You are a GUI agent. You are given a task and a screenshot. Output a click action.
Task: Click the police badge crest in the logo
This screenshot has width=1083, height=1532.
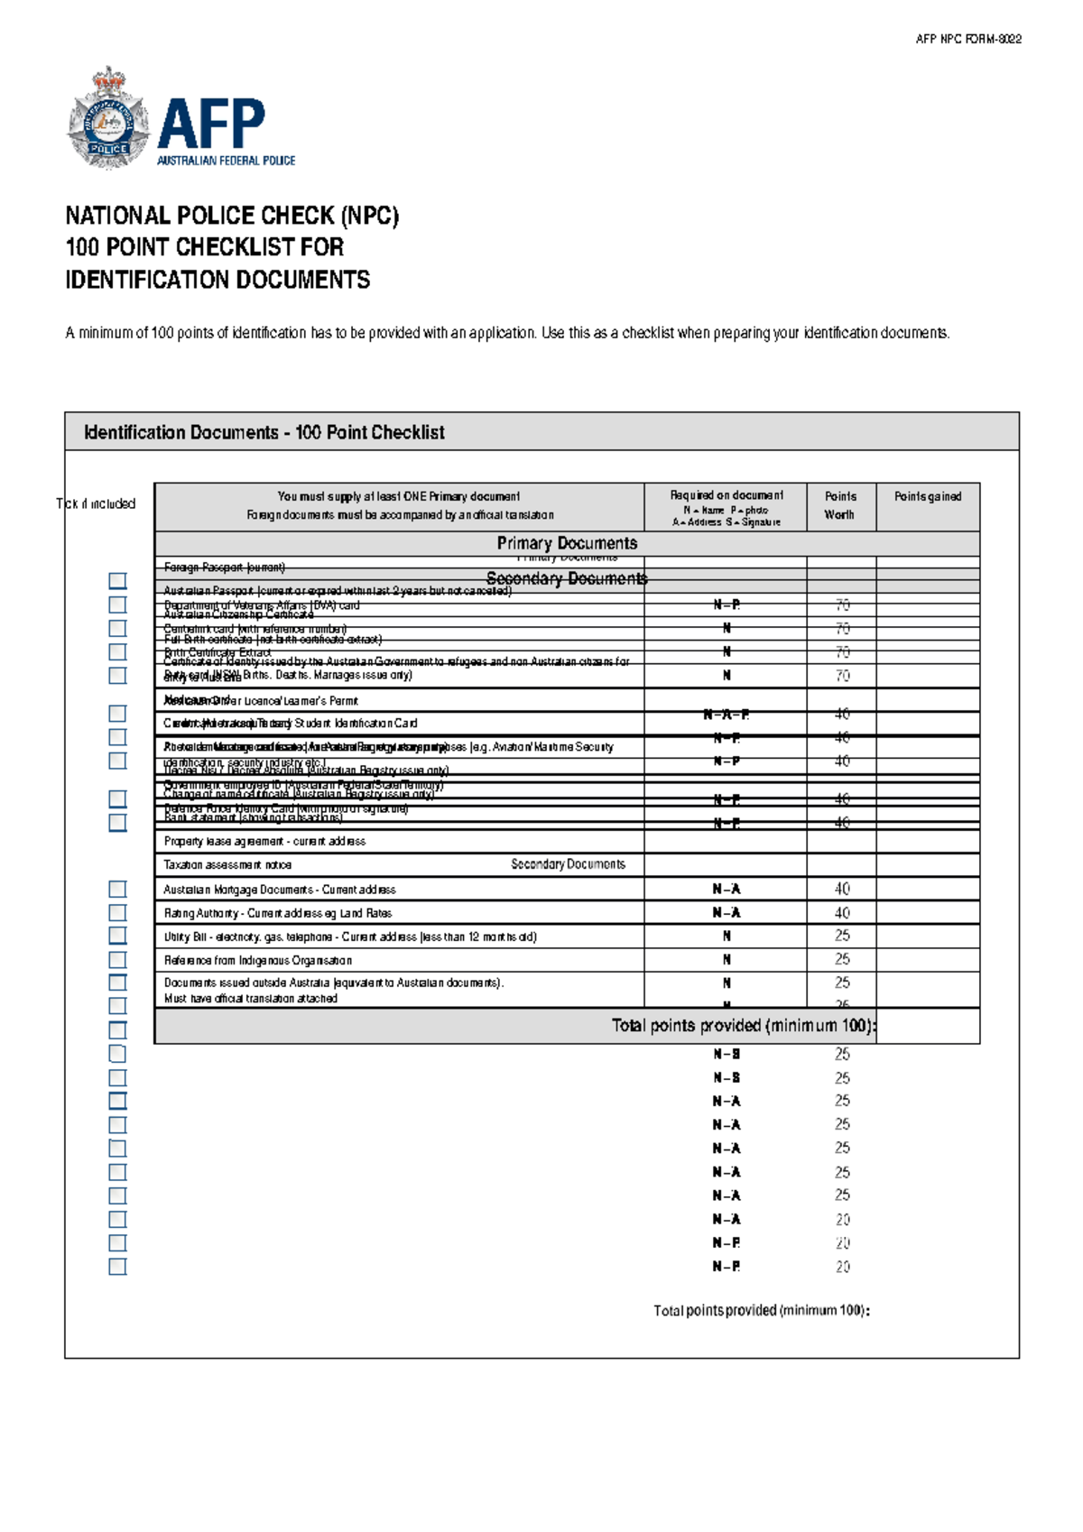coord(107,119)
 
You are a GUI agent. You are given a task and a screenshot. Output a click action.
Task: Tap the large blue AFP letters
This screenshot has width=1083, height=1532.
coord(211,124)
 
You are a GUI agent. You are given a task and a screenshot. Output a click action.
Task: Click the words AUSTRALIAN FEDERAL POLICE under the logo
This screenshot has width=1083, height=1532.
coord(226,161)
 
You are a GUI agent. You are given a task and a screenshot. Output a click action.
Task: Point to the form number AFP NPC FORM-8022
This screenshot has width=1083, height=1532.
coord(967,39)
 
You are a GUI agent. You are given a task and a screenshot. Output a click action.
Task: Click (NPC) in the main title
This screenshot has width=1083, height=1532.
coord(369,216)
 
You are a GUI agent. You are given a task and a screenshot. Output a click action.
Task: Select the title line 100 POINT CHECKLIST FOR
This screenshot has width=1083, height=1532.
coord(205,247)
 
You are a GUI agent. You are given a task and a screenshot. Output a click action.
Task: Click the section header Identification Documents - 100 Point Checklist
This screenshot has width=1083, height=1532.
coord(264,432)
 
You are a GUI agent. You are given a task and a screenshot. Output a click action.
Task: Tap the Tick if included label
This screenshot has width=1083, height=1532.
coord(96,503)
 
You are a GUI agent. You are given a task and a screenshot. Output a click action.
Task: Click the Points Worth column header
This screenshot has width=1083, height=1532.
coord(839,505)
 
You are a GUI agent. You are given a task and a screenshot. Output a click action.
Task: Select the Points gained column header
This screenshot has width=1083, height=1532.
coord(927,496)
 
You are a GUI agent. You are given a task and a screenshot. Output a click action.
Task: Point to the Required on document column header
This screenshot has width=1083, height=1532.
coord(726,495)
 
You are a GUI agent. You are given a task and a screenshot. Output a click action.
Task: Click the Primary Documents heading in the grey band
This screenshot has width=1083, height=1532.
coord(567,543)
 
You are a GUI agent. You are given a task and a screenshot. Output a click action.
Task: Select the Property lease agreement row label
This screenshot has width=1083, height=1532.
coord(264,841)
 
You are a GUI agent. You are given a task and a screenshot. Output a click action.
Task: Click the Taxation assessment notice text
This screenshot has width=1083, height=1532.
coord(227,864)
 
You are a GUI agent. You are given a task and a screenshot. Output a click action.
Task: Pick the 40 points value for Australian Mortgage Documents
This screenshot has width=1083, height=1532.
coord(841,889)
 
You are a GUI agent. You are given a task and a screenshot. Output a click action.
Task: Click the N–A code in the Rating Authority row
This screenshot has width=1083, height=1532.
coord(726,912)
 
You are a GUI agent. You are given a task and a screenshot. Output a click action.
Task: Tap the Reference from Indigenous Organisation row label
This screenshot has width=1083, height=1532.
coord(257,960)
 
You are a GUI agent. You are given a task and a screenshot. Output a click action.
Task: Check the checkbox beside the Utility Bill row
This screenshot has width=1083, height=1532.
coord(117,936)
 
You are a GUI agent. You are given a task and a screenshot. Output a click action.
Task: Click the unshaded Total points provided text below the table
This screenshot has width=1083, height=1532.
coord(761,1310)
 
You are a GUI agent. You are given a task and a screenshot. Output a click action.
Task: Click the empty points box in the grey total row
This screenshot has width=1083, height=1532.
coord(927,1026)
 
